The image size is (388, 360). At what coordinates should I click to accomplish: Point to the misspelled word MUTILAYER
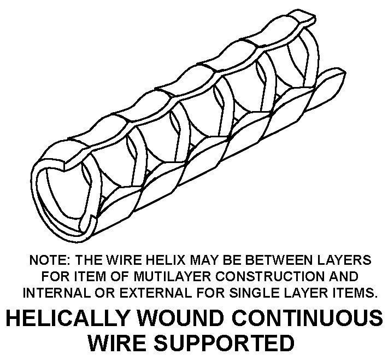click(173, 276)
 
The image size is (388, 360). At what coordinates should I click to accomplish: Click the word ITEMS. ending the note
click(354, 293)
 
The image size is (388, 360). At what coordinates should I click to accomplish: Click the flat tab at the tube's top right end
click(303, 18)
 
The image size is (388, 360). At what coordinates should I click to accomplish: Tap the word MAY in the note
click(203, 260)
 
